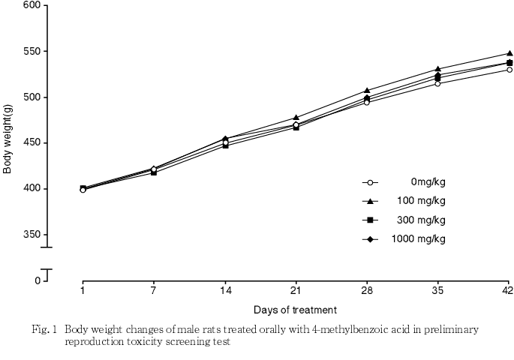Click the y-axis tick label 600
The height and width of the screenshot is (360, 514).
click(x=32, y=5)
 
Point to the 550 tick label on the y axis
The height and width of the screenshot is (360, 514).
click(x=32, y=51)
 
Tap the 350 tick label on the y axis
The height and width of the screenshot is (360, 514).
click(x=32, y=235)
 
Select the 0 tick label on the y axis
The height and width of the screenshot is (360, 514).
click(x=38, y=280)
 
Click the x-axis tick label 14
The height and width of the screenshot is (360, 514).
click(x=224, y=290)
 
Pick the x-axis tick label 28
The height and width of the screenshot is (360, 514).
click(x=366, y=290)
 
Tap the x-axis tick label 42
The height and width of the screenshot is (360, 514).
click(x=508, y=290)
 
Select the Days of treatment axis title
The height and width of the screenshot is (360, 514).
click(x=295, y=310)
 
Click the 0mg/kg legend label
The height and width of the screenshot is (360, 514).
click(x=428, y=181)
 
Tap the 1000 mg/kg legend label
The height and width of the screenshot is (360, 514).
click(x=418, y=239)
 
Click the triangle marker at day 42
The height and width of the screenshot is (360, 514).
click(x=509, y=53)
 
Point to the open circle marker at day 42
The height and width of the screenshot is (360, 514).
click(x=509, y=70)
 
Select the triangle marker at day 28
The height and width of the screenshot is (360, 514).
click(x=367, y=90)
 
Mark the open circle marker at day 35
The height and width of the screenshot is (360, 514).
click(x=437, y=83)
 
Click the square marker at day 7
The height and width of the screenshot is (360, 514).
click(x=154, y=172)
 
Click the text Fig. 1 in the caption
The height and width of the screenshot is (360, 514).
click(x=45, y=329)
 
